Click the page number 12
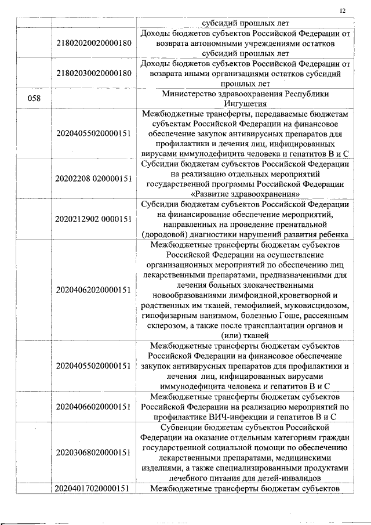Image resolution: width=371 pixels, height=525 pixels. (x=343, y=10)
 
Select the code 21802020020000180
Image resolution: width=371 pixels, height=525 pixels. (x=94, y=44)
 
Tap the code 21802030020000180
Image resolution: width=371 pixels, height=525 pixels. (x=94, y=73)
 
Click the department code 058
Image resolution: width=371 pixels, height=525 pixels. (x=34, y=98)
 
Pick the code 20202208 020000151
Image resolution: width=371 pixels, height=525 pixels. (x=94, y=179)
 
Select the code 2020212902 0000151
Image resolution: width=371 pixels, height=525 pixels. (x=94, y=219)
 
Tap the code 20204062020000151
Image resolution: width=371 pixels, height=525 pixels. (x=94, y=289)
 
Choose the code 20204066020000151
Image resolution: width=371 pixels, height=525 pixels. (x=94, y=406)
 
